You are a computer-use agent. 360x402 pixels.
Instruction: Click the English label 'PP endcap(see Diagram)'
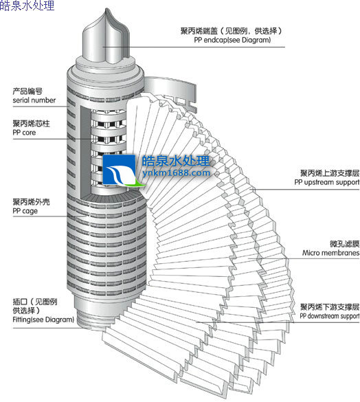(x=232, y=41)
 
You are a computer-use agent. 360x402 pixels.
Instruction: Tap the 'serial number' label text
(x=34, y=100)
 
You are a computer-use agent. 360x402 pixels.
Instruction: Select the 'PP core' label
(x=24, y=133)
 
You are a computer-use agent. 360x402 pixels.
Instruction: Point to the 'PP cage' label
(x=25, y=211)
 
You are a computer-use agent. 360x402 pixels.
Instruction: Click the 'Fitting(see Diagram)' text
(x=43, y=320)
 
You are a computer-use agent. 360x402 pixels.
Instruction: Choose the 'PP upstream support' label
(x=327, y=182)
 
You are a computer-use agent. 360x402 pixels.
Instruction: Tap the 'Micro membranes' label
(x=330, y=253)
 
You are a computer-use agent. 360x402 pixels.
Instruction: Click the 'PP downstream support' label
(x=330, y=316)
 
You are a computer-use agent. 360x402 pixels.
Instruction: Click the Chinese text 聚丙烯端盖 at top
(x=199, y=31)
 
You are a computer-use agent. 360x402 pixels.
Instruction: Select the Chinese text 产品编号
(x=27, y=91)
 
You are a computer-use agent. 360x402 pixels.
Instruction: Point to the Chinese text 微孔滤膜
(x=344, y=244)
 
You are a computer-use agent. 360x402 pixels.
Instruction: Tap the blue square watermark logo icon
(x=120, y=170)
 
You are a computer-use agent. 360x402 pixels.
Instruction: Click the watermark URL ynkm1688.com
(x=177, y=172)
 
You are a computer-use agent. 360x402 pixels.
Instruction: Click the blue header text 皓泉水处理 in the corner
(x=27, y=5)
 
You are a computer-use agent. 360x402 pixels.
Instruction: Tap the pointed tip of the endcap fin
(x=106, y=9)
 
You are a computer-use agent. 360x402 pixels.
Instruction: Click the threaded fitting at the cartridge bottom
(x=91, y=320)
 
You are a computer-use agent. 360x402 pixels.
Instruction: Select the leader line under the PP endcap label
(x=194, y=47)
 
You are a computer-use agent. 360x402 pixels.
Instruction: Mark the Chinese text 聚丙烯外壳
(x=32, y=202)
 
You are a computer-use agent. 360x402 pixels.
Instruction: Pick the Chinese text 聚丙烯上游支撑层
(x=330, y=173)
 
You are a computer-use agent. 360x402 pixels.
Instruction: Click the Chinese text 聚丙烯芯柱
(x=32, y=124)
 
